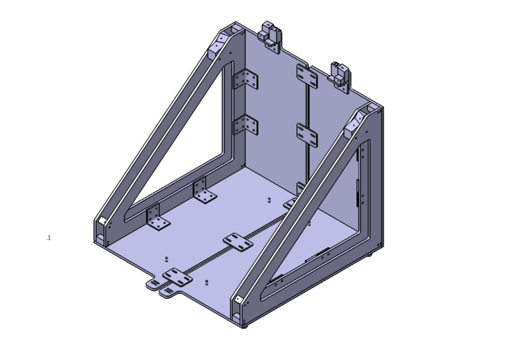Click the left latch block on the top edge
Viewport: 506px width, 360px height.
click(x=271, y=34)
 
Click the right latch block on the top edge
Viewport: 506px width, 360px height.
click(x=340, y=74)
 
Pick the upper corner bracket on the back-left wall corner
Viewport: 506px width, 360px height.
click(x=245, y=79)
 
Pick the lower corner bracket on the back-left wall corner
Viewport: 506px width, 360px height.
click(x=245, y=125)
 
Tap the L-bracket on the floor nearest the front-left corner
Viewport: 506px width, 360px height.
click(x=157, y=218)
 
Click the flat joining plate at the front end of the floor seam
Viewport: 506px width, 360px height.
click(x=177, y=276)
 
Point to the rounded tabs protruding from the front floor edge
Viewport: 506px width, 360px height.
click(x=161, y=287)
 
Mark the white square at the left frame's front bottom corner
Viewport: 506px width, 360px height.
click(x=103, y=221)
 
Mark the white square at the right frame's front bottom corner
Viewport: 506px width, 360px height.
click(x=237, y=300)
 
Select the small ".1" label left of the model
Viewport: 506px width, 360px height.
click(x=48, y=238)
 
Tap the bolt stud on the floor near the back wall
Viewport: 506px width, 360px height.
click(x=269, y=199)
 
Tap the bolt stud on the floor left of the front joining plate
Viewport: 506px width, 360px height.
click(x=167, y=259)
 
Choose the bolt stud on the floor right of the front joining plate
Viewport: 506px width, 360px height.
click(x=207, y=281)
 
